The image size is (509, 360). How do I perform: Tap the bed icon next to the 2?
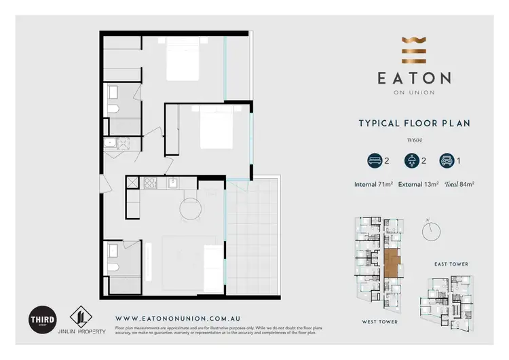373,162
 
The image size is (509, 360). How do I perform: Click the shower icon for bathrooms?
411,162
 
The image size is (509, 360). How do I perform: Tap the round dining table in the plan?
191,209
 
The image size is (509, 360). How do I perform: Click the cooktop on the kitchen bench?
150,183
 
